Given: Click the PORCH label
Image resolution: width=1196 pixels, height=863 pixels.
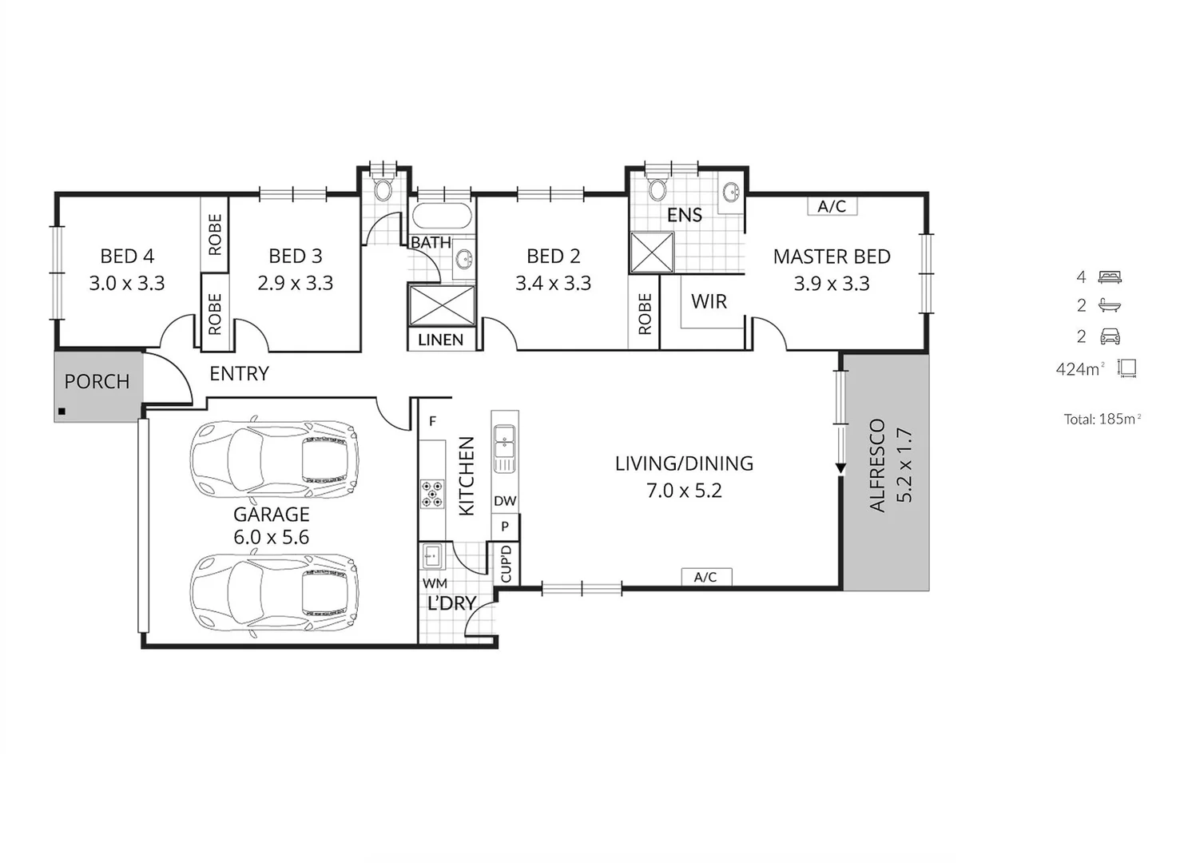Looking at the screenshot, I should (97, 382).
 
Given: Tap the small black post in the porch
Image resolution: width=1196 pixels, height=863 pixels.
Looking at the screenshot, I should (62, 412).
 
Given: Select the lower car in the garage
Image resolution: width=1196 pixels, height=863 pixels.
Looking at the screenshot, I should (273, 595).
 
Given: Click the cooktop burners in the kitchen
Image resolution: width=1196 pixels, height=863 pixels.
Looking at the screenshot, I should (432, 494).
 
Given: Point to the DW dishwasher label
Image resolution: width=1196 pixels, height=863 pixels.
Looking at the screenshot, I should (505, 502).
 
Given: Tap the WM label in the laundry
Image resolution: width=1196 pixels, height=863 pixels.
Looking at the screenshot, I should (435, 584).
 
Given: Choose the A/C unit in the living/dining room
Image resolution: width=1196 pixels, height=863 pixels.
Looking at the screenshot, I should (705, 577).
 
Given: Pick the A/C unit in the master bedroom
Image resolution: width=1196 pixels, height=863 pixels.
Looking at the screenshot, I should (832, 206).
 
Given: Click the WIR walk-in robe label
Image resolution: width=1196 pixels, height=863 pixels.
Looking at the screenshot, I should (709, 302).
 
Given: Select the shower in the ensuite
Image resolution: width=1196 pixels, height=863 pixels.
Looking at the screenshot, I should (652, 253).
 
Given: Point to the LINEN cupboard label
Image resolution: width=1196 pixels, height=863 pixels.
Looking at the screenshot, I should (440, 340).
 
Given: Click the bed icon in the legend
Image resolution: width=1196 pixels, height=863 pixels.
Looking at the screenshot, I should (1110, 277).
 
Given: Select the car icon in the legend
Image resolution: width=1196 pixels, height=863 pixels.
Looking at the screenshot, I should (1110, 336).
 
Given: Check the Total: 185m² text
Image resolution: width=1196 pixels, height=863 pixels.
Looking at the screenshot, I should (1102, 419).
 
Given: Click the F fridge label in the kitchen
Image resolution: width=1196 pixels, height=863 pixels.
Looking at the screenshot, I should (432, 421).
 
